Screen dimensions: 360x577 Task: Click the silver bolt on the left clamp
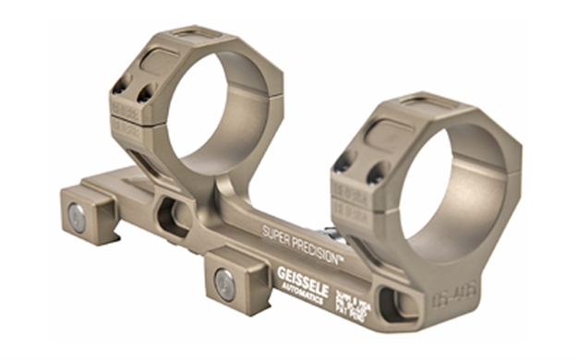click(78, 219)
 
